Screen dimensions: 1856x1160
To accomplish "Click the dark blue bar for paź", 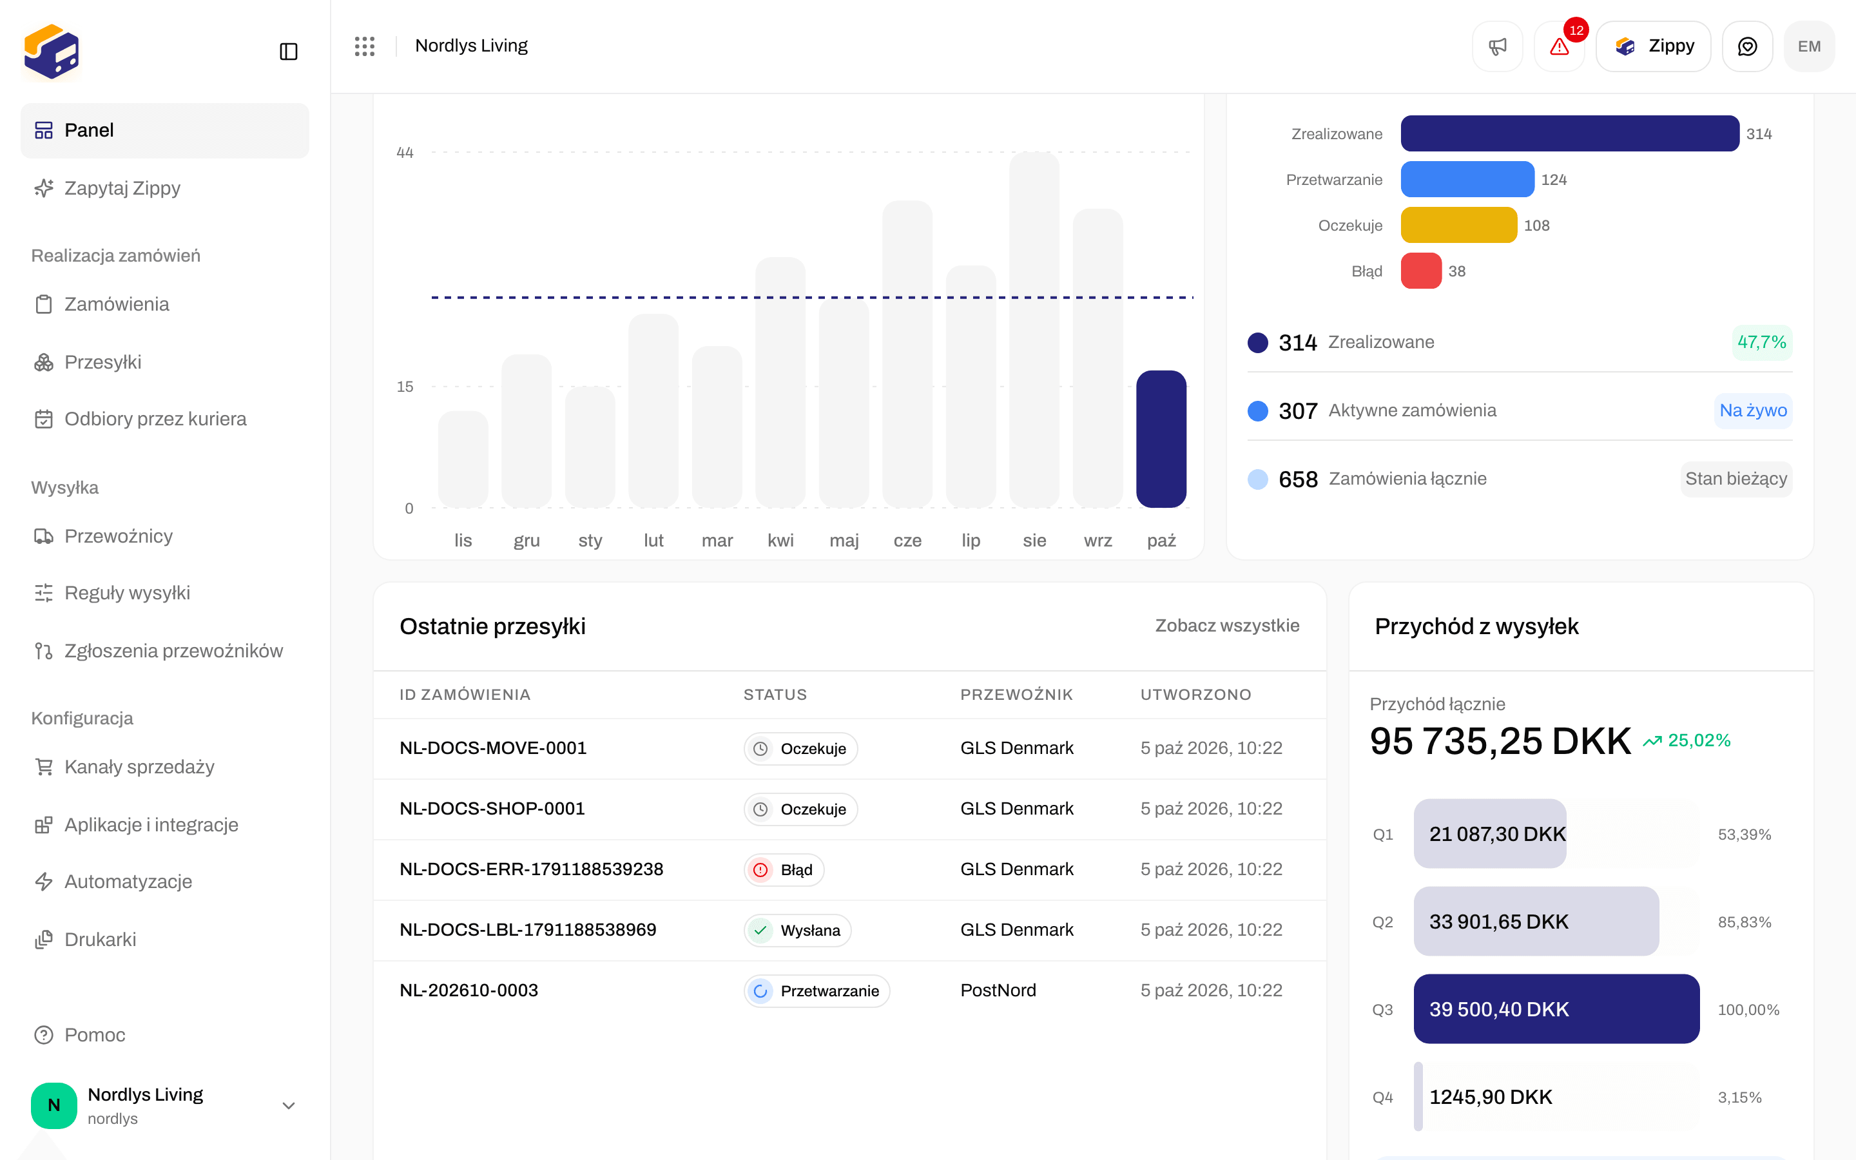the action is pyautogui.click(x=1161, y=439).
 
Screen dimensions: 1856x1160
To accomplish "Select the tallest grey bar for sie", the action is pyautogui.click(x=1034, y=330).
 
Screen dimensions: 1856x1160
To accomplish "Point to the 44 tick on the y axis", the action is pyautogui.click(x=405, y=153).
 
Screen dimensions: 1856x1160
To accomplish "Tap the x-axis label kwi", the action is pyautogui.click(x=781, y=540).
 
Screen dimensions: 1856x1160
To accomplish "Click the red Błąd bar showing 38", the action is pyautogui.click(x=1421, y=271).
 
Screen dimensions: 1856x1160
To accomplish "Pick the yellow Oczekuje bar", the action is pyautogui.click(x=1459, y=225).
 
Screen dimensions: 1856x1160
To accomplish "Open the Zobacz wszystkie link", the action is pyautogui.click(x=1227, y=625).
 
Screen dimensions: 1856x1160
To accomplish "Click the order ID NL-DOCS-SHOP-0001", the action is pyautogui.click(x=492, y=809).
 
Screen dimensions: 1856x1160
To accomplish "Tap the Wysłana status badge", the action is pyautogui.click(x=798, y=931).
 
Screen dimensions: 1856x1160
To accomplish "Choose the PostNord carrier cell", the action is pyautogui.click(x=998, y=991).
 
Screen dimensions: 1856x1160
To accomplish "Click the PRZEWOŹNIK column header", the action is pyautogui.click(x=1016, y=694).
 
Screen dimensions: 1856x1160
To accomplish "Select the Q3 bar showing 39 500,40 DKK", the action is pyautogui.click(x=1556, y=1009).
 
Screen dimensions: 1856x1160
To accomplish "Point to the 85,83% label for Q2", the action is pyautogui.click(x=1744, y=922).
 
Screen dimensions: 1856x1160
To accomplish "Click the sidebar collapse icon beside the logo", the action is pyautogui.click(x=288, y=52).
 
